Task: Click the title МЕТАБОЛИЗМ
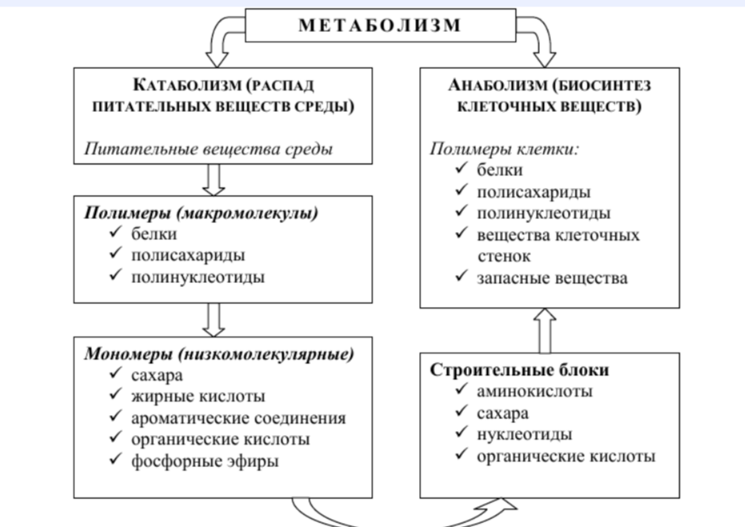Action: point(380,26)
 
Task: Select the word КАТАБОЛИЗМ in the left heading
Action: point(188,85)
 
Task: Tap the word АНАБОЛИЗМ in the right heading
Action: point(498,85)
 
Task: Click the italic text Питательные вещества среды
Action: point(208,150)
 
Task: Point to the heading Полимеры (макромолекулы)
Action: point(201,213)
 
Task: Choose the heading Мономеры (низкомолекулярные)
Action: point(219,354)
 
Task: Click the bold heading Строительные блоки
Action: point(519,370)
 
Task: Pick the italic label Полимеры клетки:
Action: point(505,150)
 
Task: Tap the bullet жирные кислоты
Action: point(198,396)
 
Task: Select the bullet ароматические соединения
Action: point(239,418)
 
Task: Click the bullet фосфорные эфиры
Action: point(204,461)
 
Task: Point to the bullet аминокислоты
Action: point(534,391)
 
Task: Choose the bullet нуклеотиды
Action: point(525,434)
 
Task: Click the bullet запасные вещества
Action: point(552,278)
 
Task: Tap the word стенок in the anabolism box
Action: point(504,257)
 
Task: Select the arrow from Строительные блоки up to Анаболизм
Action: point(545,331)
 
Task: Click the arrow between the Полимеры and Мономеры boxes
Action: point(214,320)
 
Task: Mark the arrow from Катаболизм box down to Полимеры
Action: point(214,180)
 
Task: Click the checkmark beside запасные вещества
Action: point(462,276)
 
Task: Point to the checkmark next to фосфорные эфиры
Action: point(116,458)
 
